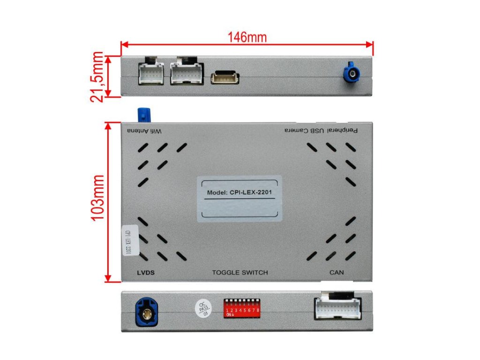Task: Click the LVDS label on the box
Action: click(146, 272)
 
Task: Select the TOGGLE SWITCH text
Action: click(240, 272)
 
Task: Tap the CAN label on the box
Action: click(337, 272)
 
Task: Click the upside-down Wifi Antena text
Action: click(144, 130)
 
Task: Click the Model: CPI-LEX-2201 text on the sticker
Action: click(240, 192)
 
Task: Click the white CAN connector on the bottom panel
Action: click(337, 310)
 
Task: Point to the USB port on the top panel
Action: click(225, 77)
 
